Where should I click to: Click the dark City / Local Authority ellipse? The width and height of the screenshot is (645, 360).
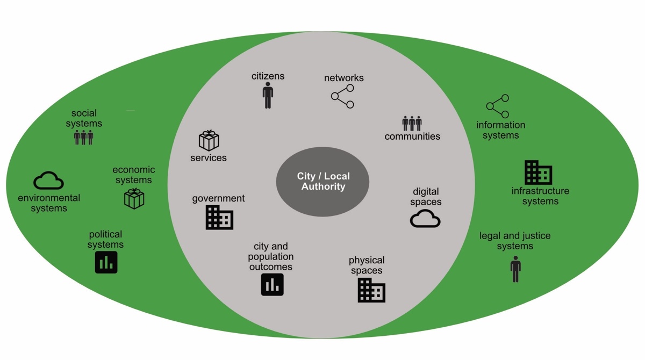322,182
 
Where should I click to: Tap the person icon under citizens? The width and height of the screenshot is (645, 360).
268,96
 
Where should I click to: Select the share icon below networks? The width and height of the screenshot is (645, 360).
343,97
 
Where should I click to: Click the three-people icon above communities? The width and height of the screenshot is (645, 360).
412,123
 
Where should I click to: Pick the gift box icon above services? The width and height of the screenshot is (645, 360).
209,141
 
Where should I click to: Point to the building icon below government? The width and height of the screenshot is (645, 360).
219,218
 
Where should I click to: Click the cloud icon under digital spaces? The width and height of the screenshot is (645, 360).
425,219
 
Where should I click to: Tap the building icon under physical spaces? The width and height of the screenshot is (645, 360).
371,290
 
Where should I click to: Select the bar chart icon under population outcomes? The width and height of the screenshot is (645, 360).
272,285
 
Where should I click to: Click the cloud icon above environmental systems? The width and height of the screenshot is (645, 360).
48,181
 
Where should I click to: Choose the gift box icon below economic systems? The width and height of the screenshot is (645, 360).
134,198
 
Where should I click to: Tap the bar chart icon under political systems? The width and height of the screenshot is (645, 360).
106,262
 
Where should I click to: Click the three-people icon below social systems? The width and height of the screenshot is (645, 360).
84,137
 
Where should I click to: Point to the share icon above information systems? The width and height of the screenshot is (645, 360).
497,106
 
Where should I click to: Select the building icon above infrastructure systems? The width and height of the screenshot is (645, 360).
538,172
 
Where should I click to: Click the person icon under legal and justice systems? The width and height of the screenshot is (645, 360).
515,269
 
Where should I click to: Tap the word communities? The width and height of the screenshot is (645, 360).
412,136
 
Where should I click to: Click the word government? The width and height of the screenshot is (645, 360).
218,198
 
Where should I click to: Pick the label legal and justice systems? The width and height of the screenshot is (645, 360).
515,241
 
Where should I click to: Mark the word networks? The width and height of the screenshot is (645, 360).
343,78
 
